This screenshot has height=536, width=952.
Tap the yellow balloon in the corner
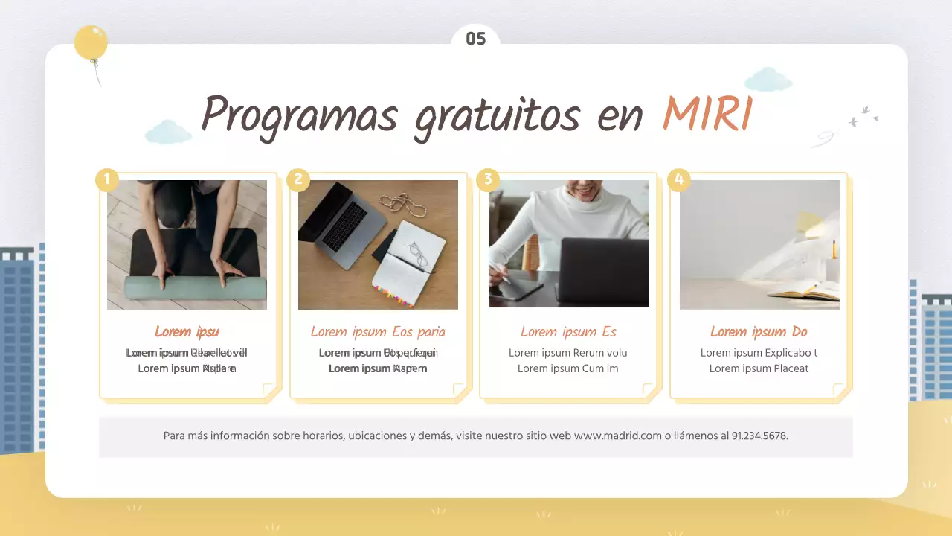click(91, 42)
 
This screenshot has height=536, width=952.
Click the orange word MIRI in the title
click(707, 115)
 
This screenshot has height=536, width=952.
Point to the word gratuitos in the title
click(496, 117)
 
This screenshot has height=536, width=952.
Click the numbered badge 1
click(107, 179)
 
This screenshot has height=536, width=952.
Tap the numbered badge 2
click(298, 179)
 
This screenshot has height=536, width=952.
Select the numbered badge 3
click(488, 179)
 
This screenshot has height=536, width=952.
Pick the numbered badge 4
click(678, 179)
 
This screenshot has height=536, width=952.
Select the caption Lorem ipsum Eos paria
click(378, 332)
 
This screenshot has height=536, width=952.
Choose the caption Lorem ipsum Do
click(759, 332)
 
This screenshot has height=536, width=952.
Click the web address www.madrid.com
click(617, 436)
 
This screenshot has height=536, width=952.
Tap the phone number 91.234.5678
click(759, 436)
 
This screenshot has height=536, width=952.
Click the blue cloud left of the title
click(168, 132)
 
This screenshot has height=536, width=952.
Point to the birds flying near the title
click(863, 117)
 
